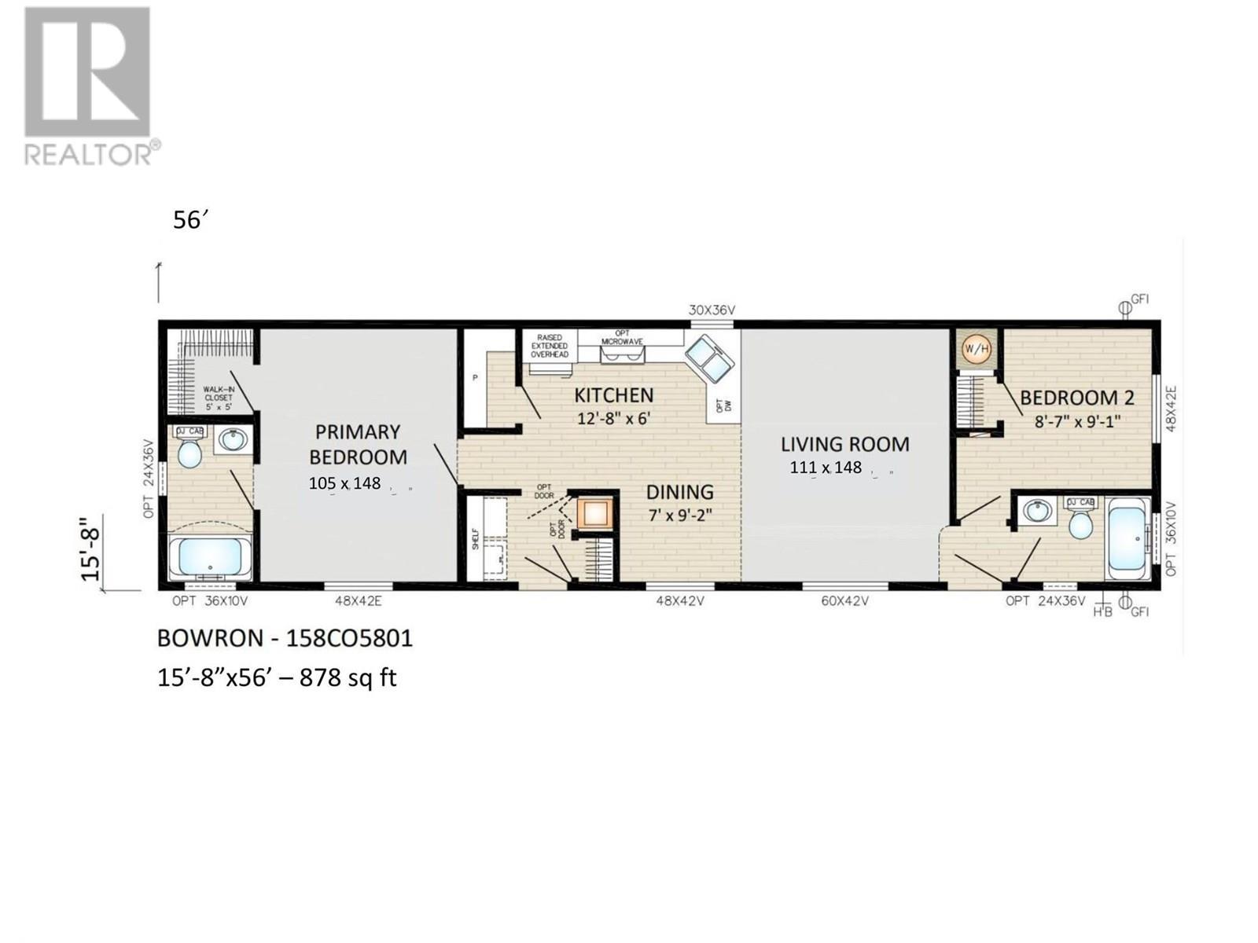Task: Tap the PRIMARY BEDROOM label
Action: (358, 444)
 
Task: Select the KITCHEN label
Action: (613, 394)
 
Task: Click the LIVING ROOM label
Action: (844, 444)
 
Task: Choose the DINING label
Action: (679, 492)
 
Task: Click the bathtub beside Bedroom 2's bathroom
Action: (1128, 538)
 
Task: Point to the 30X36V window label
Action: (712, 310)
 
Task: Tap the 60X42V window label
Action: (844, 601)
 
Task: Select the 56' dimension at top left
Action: (189, 221)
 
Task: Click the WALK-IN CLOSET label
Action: (218, 398)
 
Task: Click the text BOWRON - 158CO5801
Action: (285, 637)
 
